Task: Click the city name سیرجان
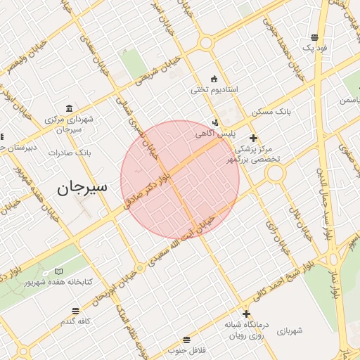click(x=81, y=188)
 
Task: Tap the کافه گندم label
click(x=77, y=321)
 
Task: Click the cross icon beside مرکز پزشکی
click(x=254, y=138)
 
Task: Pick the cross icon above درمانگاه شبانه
click(x=246, y=314)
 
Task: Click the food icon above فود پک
click(x=313, y=37)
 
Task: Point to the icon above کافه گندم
click(x=76, y=310)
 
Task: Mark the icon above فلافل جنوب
click(x=186, y=340)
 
